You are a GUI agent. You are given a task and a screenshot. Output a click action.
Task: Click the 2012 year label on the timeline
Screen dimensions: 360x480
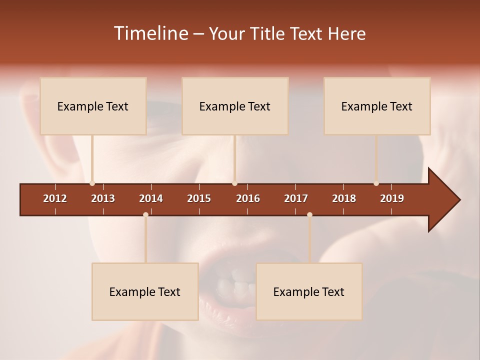tap(55, 198)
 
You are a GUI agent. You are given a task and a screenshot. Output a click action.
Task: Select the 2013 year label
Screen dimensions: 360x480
tap(103, 198)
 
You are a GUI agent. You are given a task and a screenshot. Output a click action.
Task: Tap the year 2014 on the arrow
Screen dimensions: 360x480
tap(151, 198)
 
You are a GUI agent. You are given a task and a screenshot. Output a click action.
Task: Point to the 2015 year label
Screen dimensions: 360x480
tap(199, 198)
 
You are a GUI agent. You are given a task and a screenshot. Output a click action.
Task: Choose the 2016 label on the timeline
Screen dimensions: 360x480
tap(248, 198)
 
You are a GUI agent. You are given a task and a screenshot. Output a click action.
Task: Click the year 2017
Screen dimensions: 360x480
tap(296, 198)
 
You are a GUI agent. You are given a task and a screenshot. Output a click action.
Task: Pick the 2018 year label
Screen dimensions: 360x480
tap(344, 198)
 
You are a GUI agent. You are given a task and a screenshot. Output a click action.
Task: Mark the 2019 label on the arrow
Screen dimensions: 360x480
tap(392, 198)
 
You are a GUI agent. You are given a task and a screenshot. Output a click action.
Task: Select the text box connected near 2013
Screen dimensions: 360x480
tap(93, 106)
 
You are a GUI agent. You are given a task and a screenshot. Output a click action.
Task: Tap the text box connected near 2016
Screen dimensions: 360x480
tap(235, 106)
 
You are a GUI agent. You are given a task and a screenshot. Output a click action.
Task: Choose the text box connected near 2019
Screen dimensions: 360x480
tap(377, 106)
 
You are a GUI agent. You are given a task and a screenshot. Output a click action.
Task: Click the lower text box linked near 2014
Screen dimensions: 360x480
tap(145, 291)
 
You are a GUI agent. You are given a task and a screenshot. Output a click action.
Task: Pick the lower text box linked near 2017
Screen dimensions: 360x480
tap(309, 291)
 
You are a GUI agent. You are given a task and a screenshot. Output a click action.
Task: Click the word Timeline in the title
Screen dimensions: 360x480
tap(150, 33)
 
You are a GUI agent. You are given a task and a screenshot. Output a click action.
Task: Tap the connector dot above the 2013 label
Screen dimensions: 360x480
tap(92, 183)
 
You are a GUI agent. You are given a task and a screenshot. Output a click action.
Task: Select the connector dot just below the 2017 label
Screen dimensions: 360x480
tap(309, 214)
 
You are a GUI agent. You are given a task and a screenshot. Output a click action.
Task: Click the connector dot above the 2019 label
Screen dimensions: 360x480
tap(376, 183)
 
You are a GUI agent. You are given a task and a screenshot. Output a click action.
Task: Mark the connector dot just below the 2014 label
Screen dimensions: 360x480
tap(145, 214)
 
